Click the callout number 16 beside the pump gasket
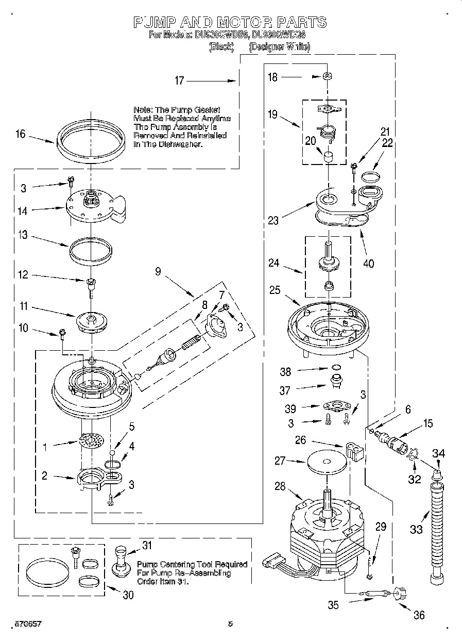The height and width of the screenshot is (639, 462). (20, 134)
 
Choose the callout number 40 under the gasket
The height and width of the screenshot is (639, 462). (368, 264)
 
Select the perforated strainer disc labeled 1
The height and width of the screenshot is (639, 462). (91, 441)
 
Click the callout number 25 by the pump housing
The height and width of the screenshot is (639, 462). (276, 291)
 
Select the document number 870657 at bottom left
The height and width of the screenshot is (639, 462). (21, 624)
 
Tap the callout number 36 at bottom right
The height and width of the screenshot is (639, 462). (419, 614)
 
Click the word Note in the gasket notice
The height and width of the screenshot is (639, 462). (142, 110)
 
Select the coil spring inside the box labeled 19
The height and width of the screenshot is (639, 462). (326, 133)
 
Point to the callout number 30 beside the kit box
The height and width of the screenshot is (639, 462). (128, 595)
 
